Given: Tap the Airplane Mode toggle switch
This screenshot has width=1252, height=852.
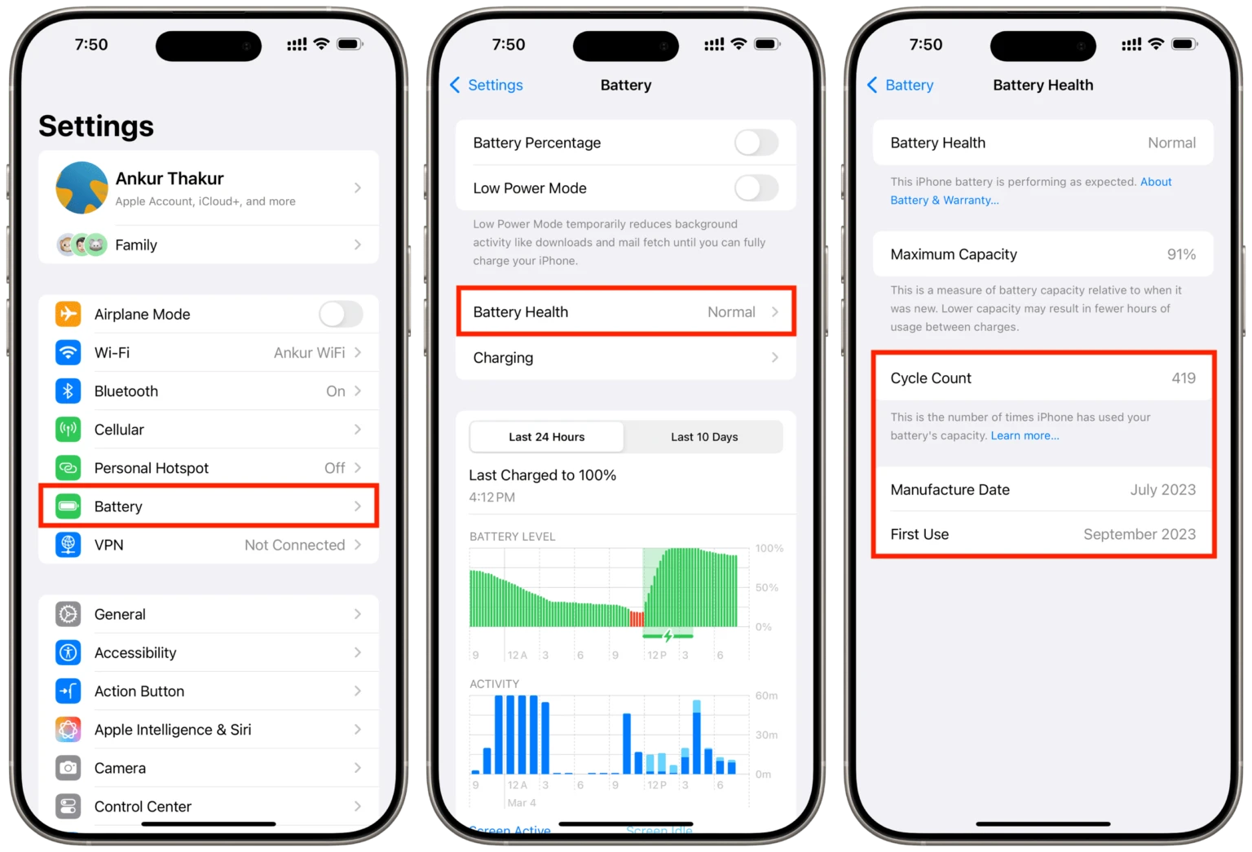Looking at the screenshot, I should [341, 314].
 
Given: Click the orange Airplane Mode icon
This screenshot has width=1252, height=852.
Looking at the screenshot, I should [68, 314].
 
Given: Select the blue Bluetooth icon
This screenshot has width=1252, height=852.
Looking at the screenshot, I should [68, 391].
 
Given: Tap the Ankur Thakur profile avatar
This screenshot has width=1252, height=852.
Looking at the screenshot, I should [82, 188].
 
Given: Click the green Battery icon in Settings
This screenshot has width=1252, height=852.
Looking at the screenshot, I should [68, 506].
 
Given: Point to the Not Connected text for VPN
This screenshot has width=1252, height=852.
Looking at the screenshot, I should [294, 545].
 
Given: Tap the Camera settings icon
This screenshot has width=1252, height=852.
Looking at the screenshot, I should [68, 768].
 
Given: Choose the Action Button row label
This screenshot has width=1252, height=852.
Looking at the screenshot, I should [139, 691].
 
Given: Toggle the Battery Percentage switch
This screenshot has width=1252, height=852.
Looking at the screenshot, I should [756, 143].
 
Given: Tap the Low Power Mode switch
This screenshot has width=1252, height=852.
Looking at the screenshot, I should [756, 188].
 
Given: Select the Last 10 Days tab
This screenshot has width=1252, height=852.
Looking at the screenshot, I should [704, 437].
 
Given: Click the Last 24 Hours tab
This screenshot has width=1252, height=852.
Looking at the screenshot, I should [547, 437].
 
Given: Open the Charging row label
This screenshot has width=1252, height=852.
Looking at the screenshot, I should [503, 358].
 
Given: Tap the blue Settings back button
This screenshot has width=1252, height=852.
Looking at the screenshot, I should [487, 85].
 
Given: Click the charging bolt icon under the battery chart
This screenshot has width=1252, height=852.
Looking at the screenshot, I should [668, 636].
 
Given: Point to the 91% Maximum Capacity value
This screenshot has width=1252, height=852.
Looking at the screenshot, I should [1181, 254].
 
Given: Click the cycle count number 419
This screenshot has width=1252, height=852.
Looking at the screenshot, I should [1184, 378].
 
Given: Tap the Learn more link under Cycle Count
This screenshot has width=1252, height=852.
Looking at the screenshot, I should [1025, 436].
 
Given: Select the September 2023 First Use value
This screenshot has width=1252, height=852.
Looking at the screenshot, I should [1139, 535].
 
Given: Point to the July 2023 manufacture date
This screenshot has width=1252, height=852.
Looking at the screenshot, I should [1162, 490].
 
